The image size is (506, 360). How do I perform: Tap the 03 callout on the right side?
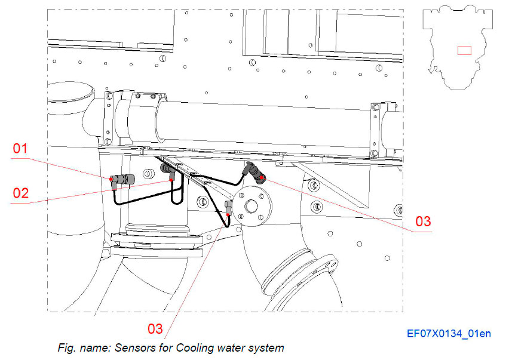pos(423,221)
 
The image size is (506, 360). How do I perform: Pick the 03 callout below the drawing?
pos(155,328)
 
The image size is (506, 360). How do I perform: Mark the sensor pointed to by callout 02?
pos(168,173)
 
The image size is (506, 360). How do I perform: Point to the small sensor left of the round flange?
pos(228,207)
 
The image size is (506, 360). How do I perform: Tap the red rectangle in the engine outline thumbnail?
pos(464,50)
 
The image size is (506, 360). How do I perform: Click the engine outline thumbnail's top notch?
pos(459,10)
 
